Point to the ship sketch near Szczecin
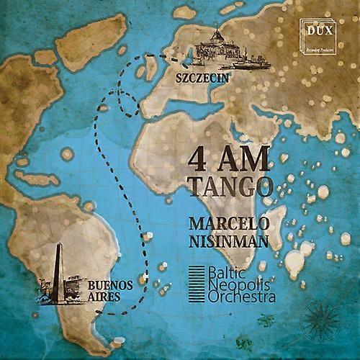point(251,62)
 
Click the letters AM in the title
point(245,157)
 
